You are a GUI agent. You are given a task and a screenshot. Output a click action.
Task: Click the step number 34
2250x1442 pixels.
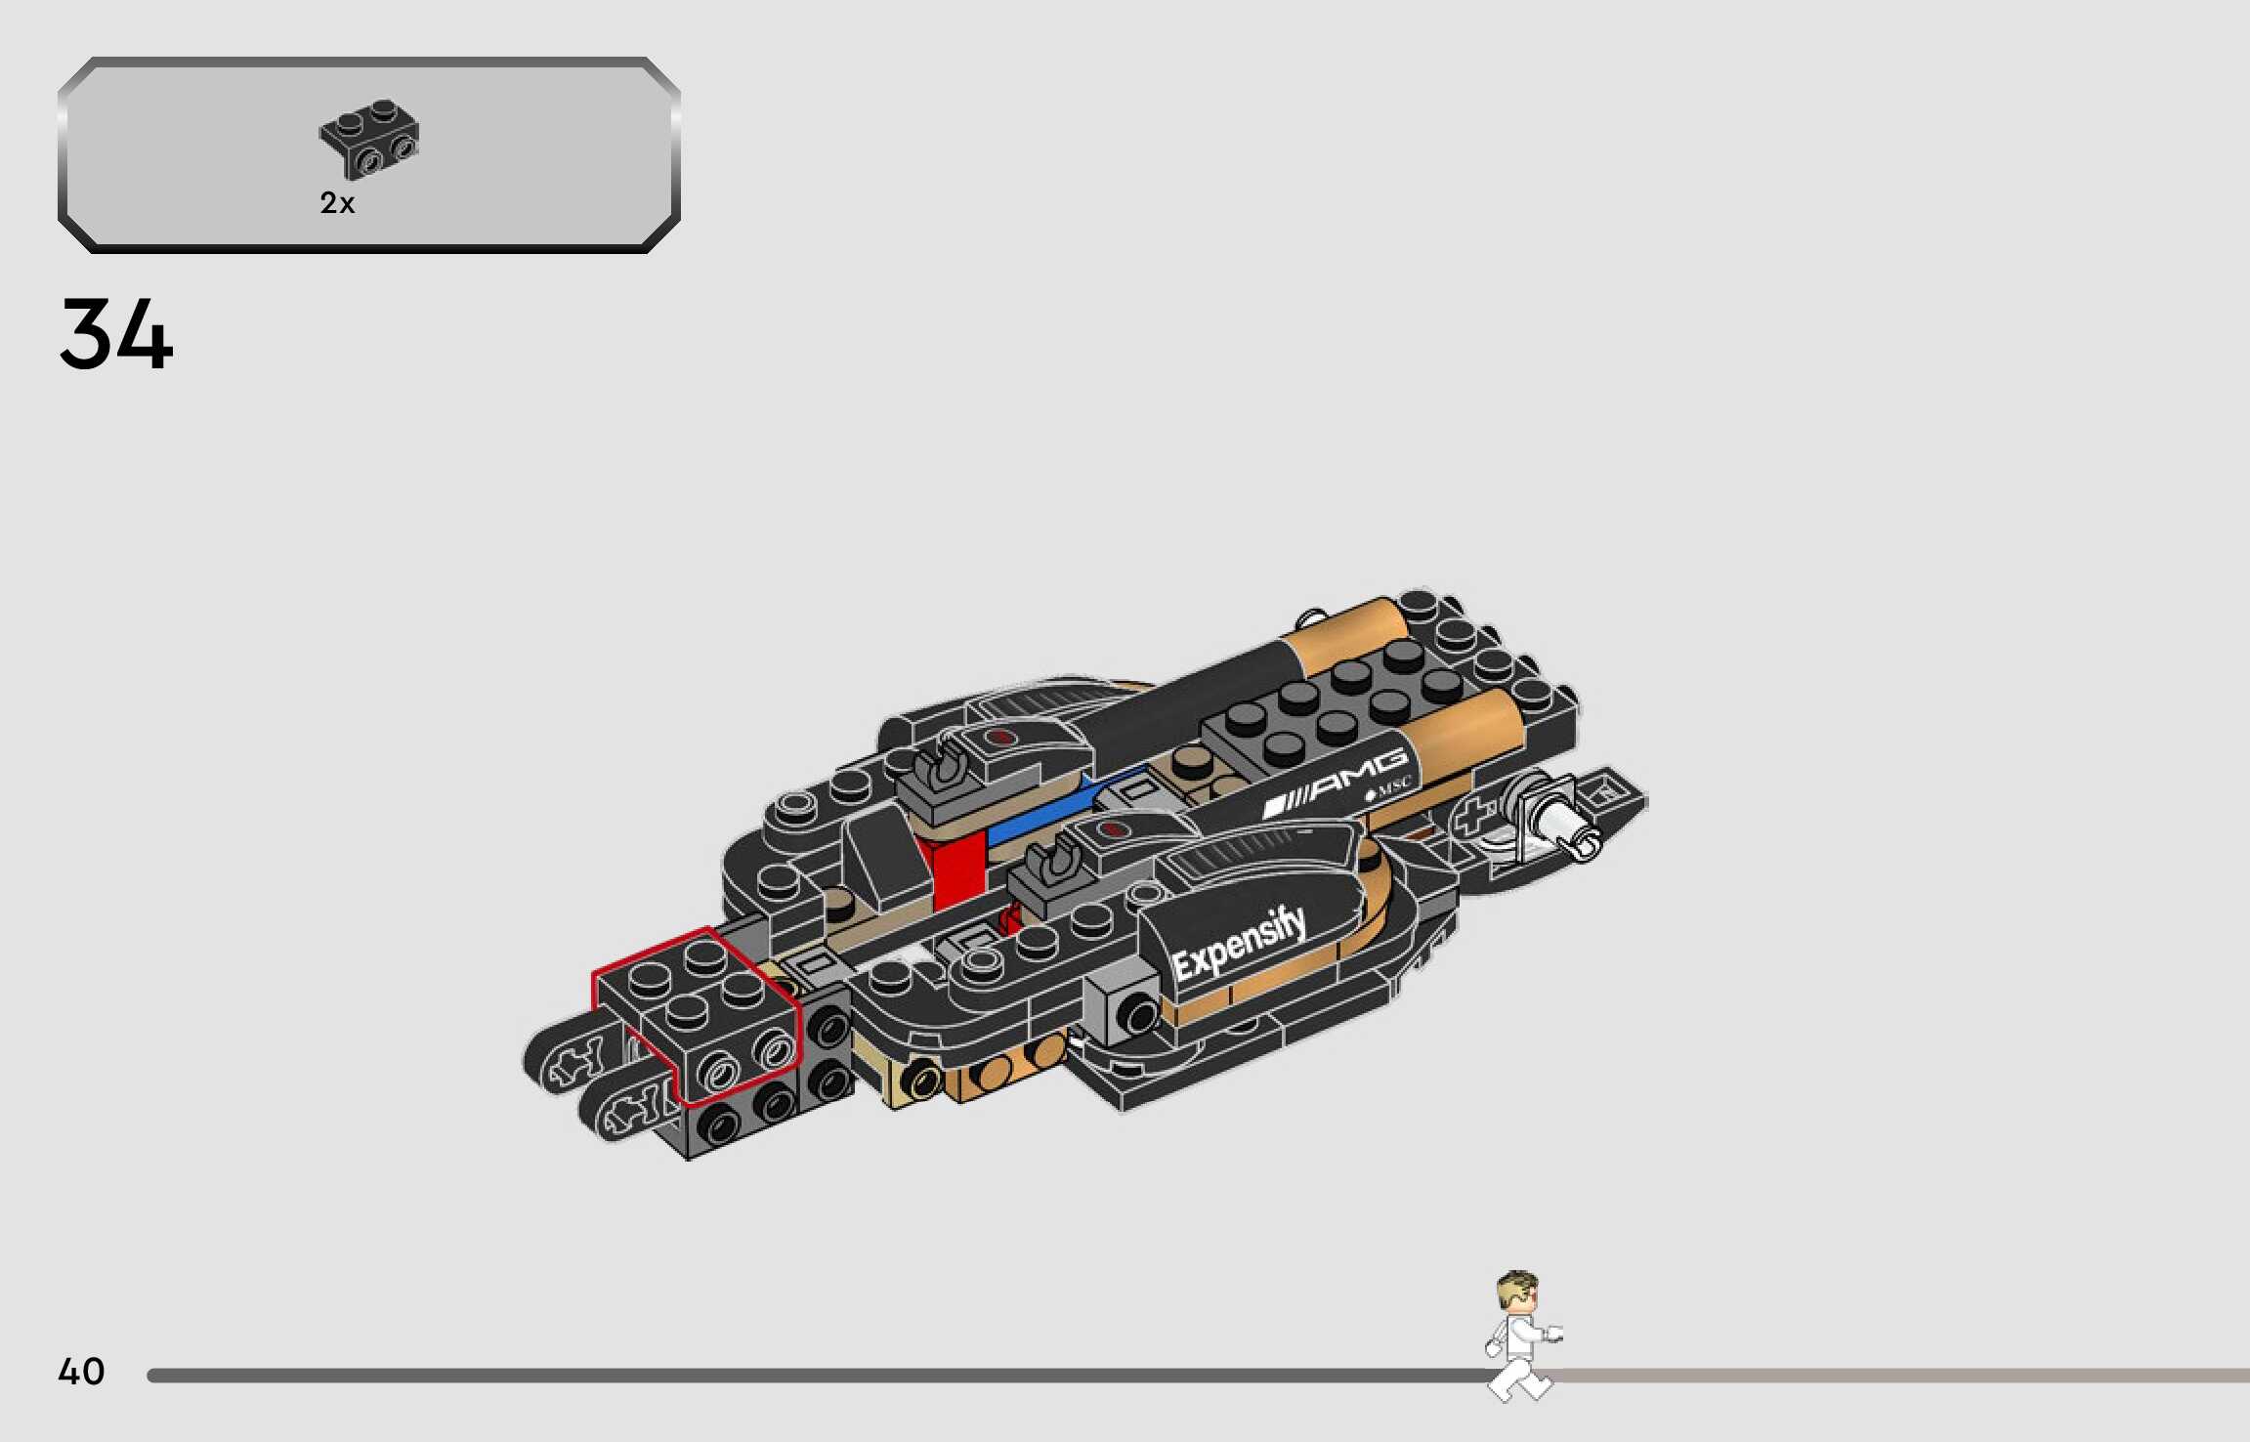[x=116, y=334]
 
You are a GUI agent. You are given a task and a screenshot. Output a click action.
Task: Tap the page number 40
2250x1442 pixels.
[x=81, y=1371]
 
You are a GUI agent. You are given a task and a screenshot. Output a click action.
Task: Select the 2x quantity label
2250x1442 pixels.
[x=337, y=203]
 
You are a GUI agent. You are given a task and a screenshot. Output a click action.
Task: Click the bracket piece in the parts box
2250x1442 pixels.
[x=369, y=139]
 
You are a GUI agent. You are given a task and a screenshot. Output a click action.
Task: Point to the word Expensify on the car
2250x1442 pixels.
[x=1239, y=944]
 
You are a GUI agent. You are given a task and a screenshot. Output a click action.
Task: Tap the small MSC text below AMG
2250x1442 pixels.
[x=1388, y=787]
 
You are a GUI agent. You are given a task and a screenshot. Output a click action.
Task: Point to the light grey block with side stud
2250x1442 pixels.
[x=1124, y=1010]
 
